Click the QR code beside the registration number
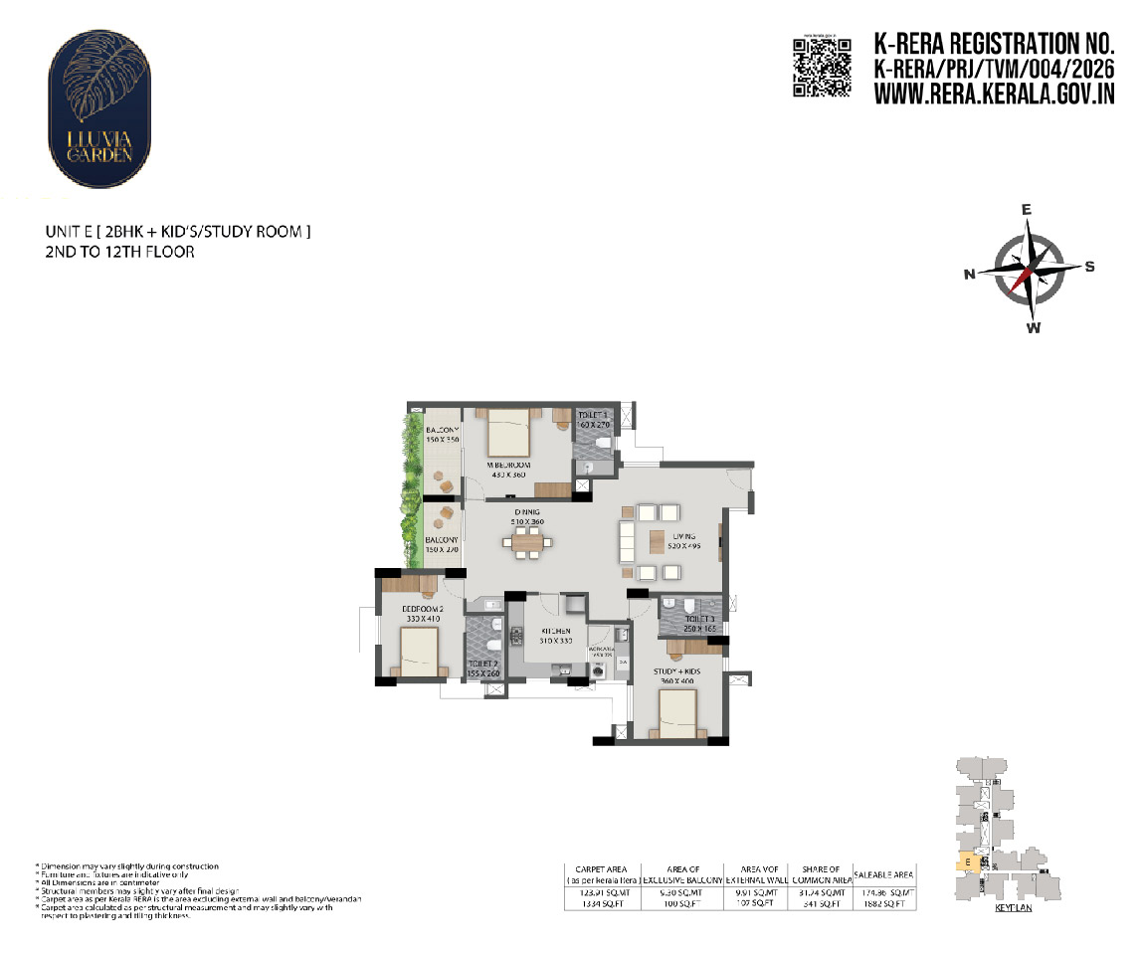[822, 68]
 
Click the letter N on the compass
[969, 276]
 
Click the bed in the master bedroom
[507, 432]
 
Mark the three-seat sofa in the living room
[627, 543]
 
